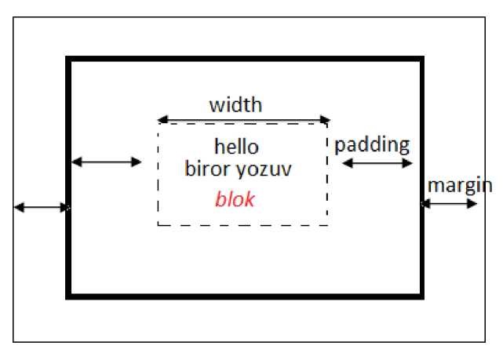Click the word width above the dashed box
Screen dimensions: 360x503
click(x=235, y=104)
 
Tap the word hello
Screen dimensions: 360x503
click(x=236, y=147)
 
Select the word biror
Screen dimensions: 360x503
click(x=205, y=169)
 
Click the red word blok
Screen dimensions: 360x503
click(x=235, y=199)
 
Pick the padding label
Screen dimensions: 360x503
click(x=372, y=144)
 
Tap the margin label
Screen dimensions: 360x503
click(x=459, y=186)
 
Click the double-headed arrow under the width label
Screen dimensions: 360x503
click(x=242, y=120)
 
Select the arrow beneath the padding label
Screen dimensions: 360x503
click(x=377, y=163)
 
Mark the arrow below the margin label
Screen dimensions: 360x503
click(x=450, y=204)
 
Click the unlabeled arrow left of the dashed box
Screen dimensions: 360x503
click(x=107, y=162)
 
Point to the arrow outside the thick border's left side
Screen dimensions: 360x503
click(x=42, y=208)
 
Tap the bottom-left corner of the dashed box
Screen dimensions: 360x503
click(x=159, y=225)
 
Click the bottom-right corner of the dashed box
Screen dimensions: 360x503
click(x=327, y=225)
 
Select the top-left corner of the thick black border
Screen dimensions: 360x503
click(x=69, y=60)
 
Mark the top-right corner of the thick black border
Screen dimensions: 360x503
click(x=421, y=60)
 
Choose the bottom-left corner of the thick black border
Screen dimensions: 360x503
click(x=69, y=296)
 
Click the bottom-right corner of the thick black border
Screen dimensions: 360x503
click(x=421, y=296)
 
